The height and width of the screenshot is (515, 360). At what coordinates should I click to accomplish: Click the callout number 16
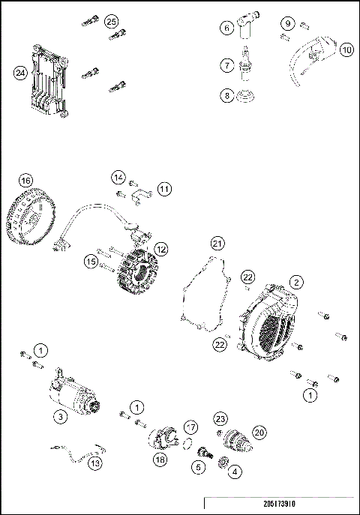tap(26, 181)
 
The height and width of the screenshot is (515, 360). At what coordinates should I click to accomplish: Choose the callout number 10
tap(346, 49)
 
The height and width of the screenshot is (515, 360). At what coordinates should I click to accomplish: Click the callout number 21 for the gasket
tap(217, 243)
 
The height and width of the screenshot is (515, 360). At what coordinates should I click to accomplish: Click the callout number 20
tap(260, 432)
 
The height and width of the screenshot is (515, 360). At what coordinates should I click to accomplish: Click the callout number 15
tap(90, 262)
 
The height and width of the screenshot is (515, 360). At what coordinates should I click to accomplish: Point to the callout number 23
tap(220, 418)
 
